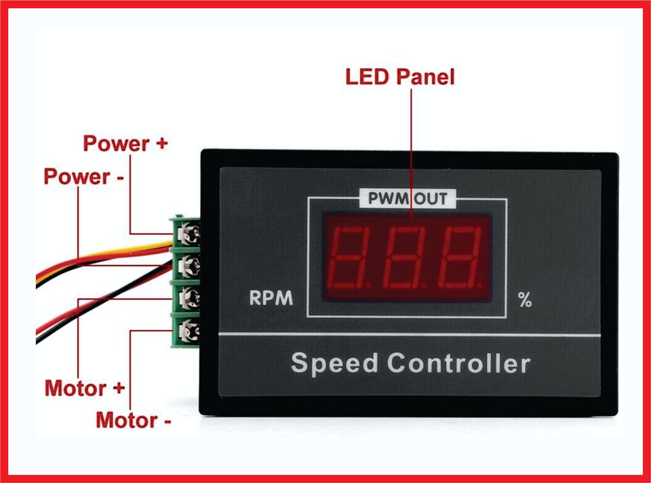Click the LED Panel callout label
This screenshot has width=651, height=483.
399,77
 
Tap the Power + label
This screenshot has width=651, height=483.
125,144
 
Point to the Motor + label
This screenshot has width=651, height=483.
85,389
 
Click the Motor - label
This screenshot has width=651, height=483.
133,420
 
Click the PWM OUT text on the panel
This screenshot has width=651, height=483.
407,199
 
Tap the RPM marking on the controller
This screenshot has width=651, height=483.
271,299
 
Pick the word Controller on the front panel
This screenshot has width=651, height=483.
459,363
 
